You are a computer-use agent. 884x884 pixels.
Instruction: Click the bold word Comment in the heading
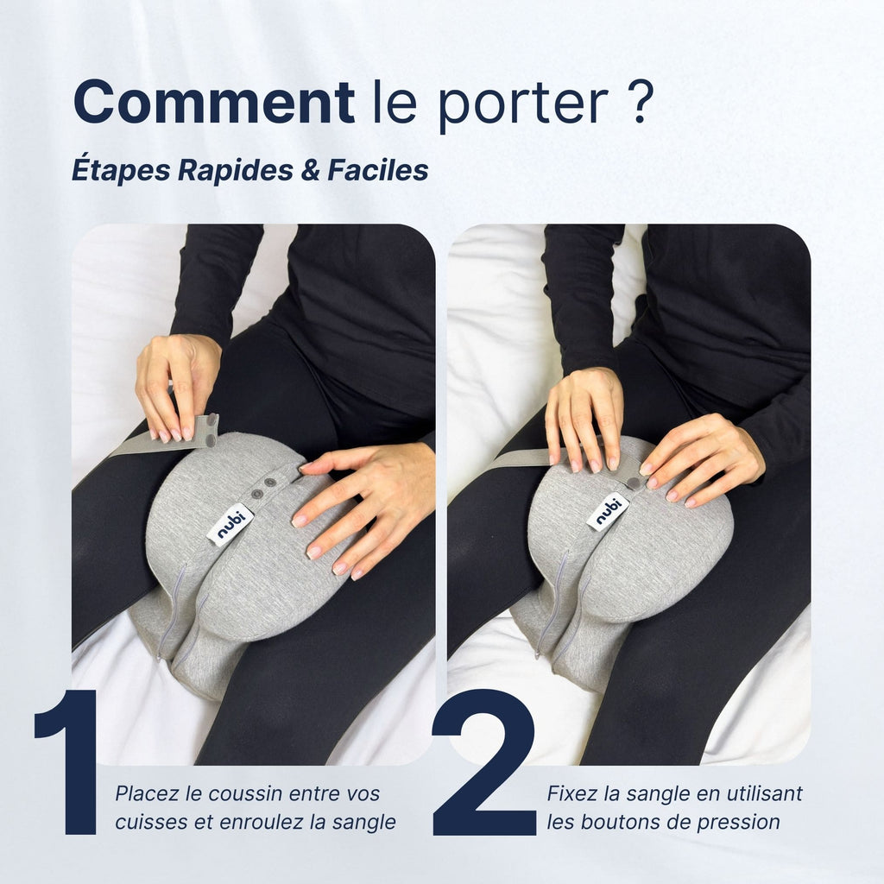coord(213,102)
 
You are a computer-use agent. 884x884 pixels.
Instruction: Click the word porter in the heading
coord(522,105)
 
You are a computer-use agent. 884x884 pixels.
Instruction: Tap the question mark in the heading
coord(637,102)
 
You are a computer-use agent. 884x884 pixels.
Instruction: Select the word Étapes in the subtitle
coord(121,170)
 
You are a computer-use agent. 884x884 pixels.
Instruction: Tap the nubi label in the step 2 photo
coord(608,511)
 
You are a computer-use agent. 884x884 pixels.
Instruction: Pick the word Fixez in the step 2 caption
coord(571,793)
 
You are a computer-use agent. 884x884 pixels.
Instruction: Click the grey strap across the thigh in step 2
coord(514,458)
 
